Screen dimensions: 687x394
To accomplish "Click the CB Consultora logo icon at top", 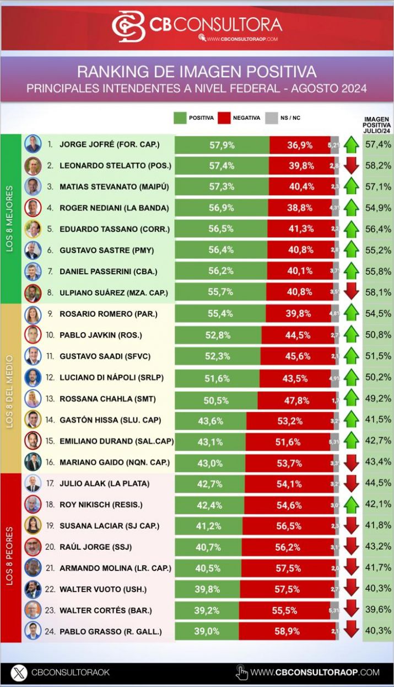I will coord(128,26).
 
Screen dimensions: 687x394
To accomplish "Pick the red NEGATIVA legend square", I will coord(224,118).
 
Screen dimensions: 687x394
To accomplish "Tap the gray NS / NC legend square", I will coord(271,118).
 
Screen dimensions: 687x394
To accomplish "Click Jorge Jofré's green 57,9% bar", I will coord(222,145).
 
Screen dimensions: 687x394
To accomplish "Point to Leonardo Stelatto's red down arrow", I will coord(351,166).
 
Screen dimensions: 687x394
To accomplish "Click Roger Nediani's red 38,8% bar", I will coord(301,207).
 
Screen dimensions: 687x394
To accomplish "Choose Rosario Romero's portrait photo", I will coord(33,314).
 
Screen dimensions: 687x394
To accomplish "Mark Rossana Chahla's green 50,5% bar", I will coord(216,398).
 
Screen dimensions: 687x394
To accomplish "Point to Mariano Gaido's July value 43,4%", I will coord(377,462).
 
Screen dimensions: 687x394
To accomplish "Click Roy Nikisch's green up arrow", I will coord(351,504).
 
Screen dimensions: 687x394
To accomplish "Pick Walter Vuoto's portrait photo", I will coord(33,589).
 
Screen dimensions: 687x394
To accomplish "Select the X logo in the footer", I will coord(19,673).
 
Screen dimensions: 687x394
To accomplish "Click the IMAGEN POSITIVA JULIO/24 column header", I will coord(377,125).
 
